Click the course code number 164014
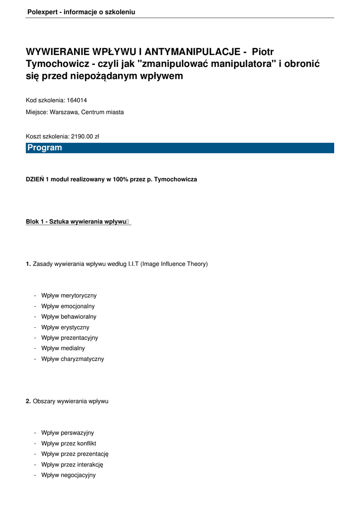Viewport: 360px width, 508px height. click(x=77, y=100)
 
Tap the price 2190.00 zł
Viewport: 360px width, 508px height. click(x=85, y=136)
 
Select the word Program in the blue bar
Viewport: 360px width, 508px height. click(x=45, y=148)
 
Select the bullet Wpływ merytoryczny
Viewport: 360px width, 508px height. click(x=69, y=296)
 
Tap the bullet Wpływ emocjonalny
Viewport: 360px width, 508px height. click(x=68, y=306)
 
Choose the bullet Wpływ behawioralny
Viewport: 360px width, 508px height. click(x=69, y=317)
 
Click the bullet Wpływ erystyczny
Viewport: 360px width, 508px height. click(x=65, y=327)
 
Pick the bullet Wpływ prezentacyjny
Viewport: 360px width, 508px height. click(x=70, y=338)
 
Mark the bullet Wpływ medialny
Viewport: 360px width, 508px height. click(x=63, y=348)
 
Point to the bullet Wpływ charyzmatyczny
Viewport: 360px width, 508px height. click(x=72, y=359)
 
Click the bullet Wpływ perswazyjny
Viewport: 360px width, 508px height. click(x=68, y=433)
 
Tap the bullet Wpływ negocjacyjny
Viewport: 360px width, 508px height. click(x=69, y=475)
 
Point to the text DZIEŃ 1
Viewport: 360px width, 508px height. click(x=37, y=180)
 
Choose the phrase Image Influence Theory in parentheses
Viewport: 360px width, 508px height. click(x=174, y=264)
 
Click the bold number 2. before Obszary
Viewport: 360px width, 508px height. click(x=28, y=401)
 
